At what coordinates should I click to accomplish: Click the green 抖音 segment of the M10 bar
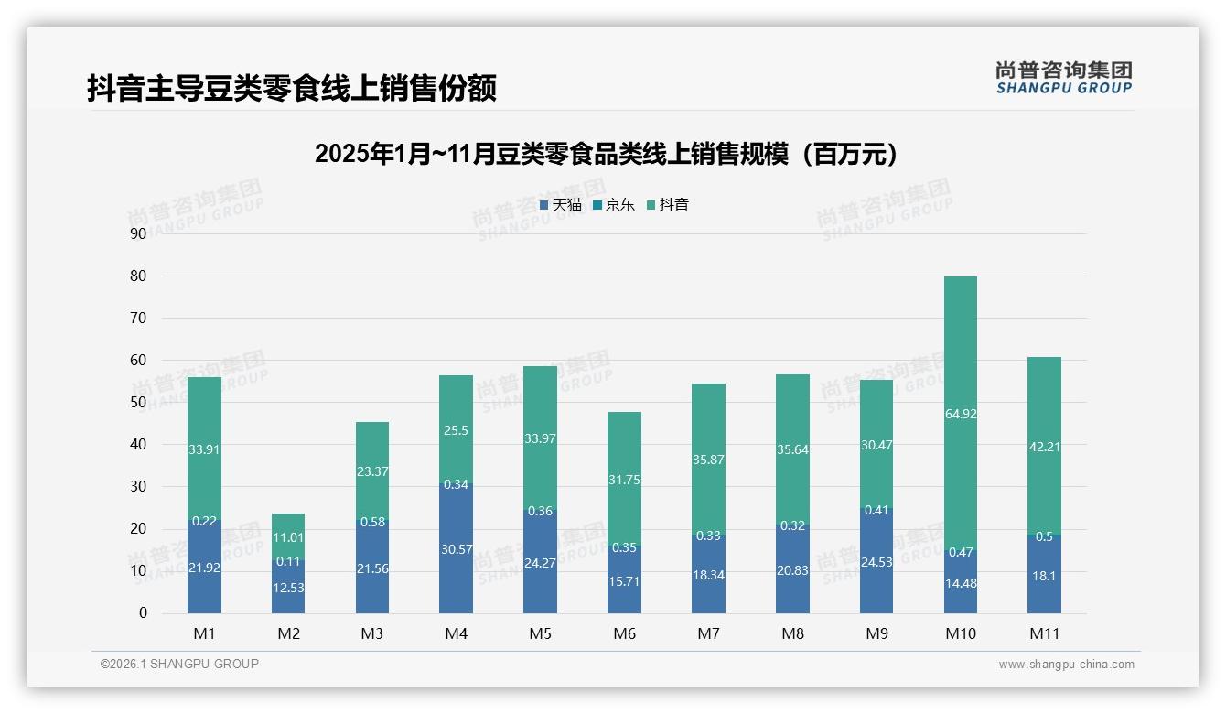pyautogui.click(x=960, y=366)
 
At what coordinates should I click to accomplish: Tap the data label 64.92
pyautogui.click(x=960, y=414)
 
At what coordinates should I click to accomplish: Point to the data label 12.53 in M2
pyautogui.click(x=288, y=588)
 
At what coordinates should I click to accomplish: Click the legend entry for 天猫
pyautogui.click(x=560, y=205)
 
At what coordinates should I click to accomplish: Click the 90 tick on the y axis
pyautogui.click(x=138, y=233)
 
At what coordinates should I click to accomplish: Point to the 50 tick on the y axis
pyautogui.click(x=138, y=402)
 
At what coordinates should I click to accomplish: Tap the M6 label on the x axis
pyautogui.click(x=624, y=633)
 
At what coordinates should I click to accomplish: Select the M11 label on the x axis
pyautogui.click(x=1044, y=633)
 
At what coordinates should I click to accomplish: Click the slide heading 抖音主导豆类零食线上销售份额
pyautogui.click(x=292, y=89)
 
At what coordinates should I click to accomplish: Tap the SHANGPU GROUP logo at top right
pyautogui.click(x=1063, y=78)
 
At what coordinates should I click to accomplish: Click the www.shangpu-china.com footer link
pyautogui.click(x=1066, y=665)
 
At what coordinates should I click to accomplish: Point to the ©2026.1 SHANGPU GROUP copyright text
pyautogui.click(x=179, y=664)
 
